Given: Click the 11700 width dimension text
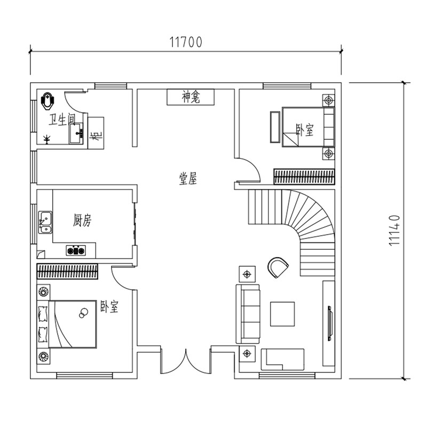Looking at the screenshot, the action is [186, 42].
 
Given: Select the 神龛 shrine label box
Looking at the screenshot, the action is [191, 97].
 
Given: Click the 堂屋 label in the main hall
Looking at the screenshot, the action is [188, 179].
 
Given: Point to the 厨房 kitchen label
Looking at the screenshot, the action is [82, 220].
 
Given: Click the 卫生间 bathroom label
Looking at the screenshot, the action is [62, 120].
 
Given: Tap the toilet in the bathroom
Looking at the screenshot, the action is [48, 101].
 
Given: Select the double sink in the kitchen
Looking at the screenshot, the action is [45, 222].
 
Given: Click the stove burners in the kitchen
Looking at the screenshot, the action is [76, 250].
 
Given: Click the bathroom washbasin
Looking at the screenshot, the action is [75, 133].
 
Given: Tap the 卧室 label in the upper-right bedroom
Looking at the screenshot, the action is [304, 130].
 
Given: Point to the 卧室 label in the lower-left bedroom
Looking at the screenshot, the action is [109, 306].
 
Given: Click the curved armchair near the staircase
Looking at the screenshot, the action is [278, 267].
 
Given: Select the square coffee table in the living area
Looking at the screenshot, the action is [282, 314].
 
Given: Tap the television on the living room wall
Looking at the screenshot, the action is [329, 323].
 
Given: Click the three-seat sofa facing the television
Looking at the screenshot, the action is [248, 314].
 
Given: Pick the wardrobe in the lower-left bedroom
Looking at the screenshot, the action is [67, 271].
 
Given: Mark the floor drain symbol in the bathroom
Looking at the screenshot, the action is [47, 139].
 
